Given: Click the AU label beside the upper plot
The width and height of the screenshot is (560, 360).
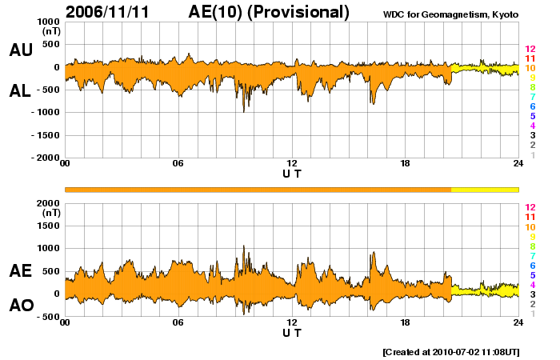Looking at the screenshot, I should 21,50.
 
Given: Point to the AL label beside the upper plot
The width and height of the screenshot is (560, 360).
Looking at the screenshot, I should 21,91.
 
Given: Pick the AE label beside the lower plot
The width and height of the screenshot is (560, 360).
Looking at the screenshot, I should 21,271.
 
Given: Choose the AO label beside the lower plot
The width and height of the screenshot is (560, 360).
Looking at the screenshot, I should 21,306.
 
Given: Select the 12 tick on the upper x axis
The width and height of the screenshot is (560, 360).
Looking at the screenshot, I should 292,164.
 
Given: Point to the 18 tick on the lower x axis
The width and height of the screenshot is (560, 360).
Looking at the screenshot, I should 406,322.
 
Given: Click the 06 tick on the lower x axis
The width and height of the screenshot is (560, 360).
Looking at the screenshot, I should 178,322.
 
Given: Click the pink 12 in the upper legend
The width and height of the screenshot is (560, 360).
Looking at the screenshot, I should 530,49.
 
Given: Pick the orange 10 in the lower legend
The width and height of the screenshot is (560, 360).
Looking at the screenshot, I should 530,226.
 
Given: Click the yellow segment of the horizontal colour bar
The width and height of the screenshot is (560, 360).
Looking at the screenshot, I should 485,189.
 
